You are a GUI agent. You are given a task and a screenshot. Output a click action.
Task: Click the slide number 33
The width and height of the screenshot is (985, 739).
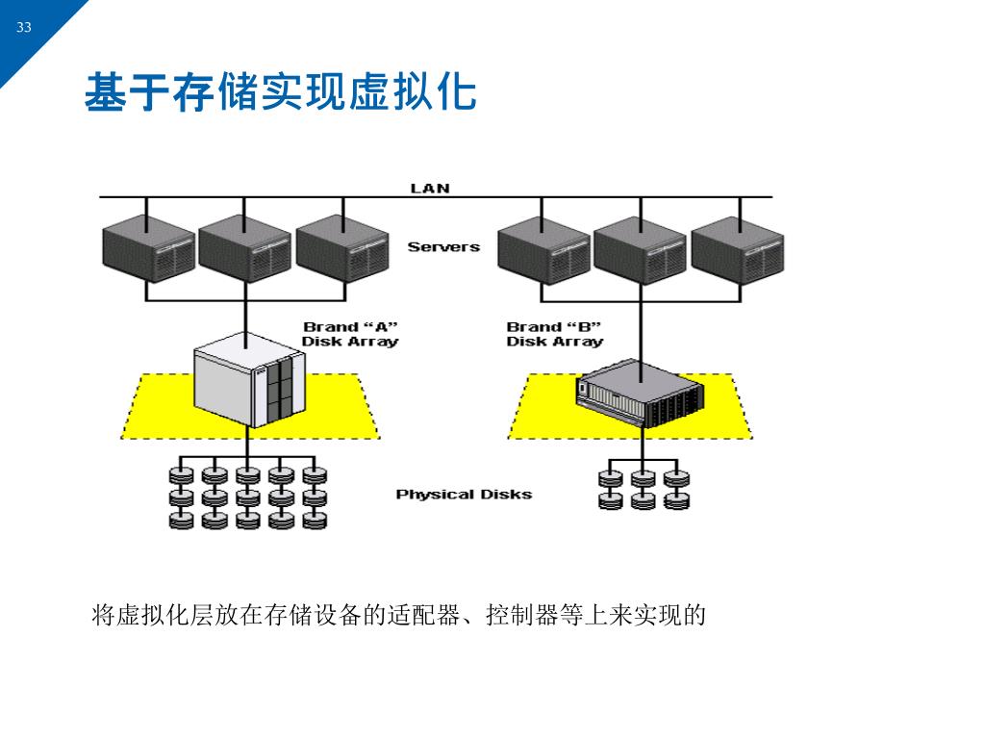[24, 27]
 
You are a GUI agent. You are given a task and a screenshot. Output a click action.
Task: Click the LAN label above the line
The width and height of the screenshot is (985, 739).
[430, 188]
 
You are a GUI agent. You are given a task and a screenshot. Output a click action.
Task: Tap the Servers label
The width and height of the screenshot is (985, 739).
[443, 247]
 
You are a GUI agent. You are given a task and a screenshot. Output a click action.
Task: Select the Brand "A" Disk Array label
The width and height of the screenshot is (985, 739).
[350, 334]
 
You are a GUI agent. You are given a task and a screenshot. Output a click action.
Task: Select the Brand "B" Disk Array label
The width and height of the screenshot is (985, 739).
[554, 334]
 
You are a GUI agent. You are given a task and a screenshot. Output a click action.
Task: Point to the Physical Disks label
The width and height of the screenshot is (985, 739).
[464, 495]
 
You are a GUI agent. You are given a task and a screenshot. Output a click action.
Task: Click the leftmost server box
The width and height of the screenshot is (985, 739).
[148, 249]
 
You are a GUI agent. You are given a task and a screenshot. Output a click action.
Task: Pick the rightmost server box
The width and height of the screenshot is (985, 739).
[738, 249]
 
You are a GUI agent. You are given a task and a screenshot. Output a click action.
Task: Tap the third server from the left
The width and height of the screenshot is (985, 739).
[342, 249]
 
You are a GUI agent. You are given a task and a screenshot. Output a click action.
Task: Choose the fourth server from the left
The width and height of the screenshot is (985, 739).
[543, 249]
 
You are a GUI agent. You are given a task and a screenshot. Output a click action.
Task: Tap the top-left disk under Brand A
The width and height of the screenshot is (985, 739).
[181, 474]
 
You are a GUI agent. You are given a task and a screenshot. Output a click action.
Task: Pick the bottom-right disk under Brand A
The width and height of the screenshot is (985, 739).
[315, 520]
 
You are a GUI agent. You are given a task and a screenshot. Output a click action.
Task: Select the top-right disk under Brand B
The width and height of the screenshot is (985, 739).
[677, 477]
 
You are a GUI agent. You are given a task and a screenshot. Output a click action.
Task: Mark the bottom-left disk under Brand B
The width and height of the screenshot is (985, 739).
[611, 500]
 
